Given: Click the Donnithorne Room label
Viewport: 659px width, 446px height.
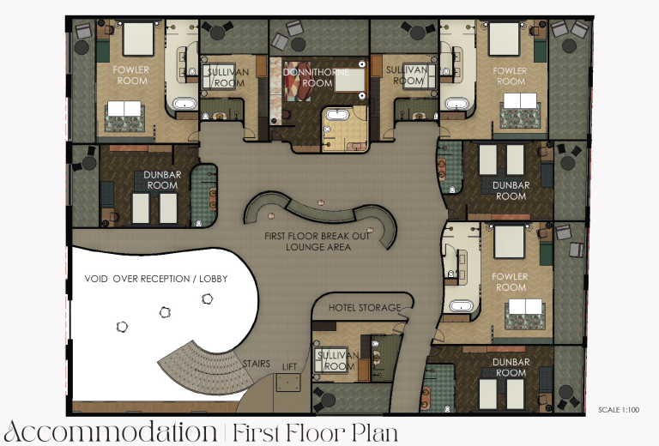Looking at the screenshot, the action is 316,78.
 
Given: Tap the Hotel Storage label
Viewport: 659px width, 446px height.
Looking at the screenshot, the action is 365,308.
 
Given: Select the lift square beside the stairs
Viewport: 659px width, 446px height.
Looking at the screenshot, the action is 288,383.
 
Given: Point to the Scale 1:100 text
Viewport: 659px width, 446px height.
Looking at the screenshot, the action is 619,410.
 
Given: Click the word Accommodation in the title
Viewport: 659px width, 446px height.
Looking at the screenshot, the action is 111,431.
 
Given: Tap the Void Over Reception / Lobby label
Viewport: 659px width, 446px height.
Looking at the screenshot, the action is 156,279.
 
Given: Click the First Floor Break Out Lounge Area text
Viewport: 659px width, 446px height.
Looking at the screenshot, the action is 317,242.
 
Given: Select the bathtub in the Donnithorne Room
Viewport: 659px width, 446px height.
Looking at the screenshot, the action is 336,114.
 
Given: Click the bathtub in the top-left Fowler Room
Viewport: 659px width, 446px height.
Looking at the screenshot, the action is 185,103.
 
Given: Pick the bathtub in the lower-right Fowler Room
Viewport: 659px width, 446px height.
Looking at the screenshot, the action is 461,305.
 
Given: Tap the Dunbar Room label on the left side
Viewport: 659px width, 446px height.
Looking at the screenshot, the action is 162,180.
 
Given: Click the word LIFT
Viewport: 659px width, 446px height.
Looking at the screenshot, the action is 289,367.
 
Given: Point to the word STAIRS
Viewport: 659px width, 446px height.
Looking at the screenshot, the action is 257,364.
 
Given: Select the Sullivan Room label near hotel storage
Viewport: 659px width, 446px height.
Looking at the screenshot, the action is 338,361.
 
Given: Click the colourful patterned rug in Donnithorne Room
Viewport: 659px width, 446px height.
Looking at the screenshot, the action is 298,81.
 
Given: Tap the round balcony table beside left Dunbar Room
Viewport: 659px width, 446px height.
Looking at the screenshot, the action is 88,163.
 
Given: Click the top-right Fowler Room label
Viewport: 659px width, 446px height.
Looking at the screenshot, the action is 510,76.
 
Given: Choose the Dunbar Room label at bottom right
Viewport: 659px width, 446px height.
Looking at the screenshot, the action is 511,367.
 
